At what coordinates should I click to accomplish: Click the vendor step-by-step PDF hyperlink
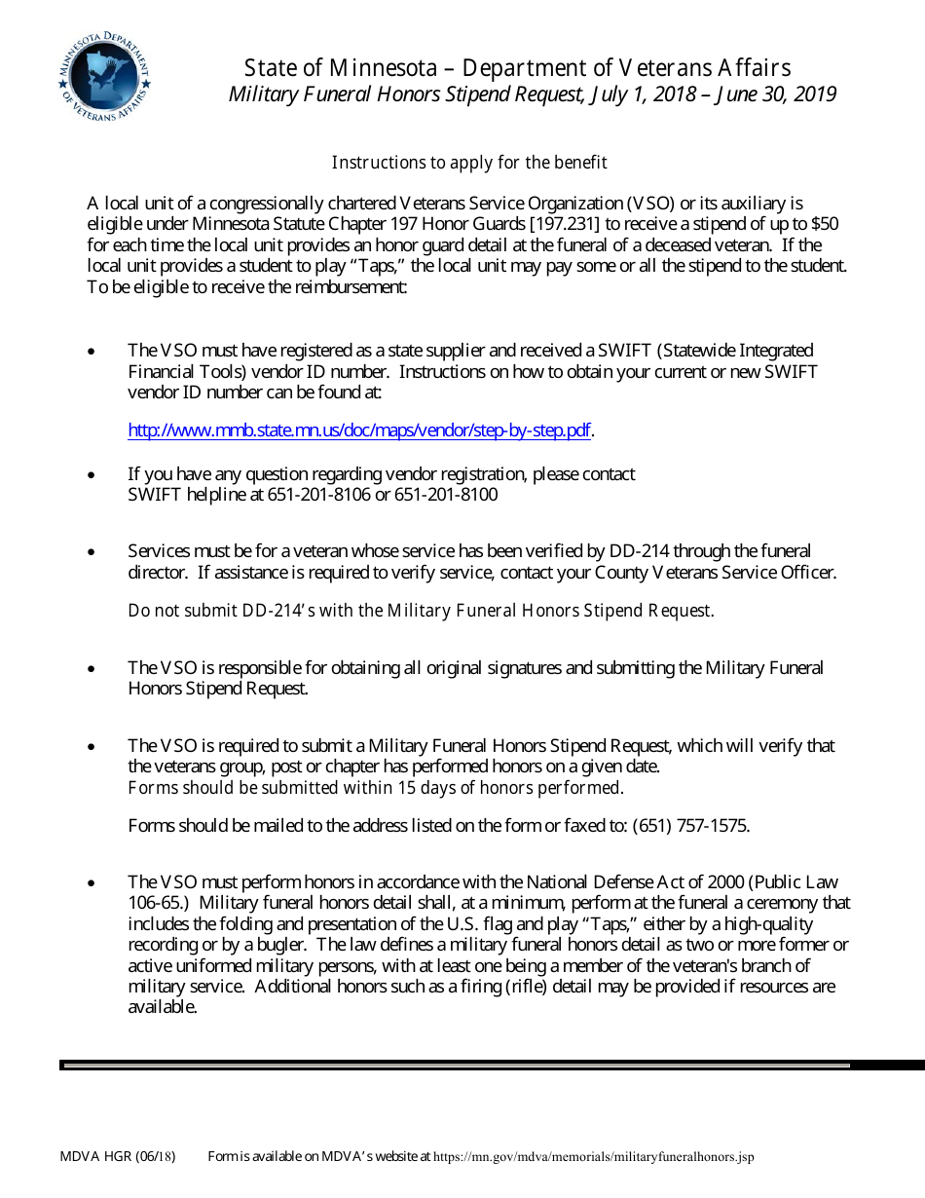[359, 431]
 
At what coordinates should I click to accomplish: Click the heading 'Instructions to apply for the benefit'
[469, 162]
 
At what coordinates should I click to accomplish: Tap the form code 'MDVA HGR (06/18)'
[118, 1157]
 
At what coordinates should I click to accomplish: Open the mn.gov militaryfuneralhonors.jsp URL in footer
[593, 1157]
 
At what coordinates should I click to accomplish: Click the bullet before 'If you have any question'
[92, 475]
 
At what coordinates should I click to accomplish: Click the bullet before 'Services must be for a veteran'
[92, 552]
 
